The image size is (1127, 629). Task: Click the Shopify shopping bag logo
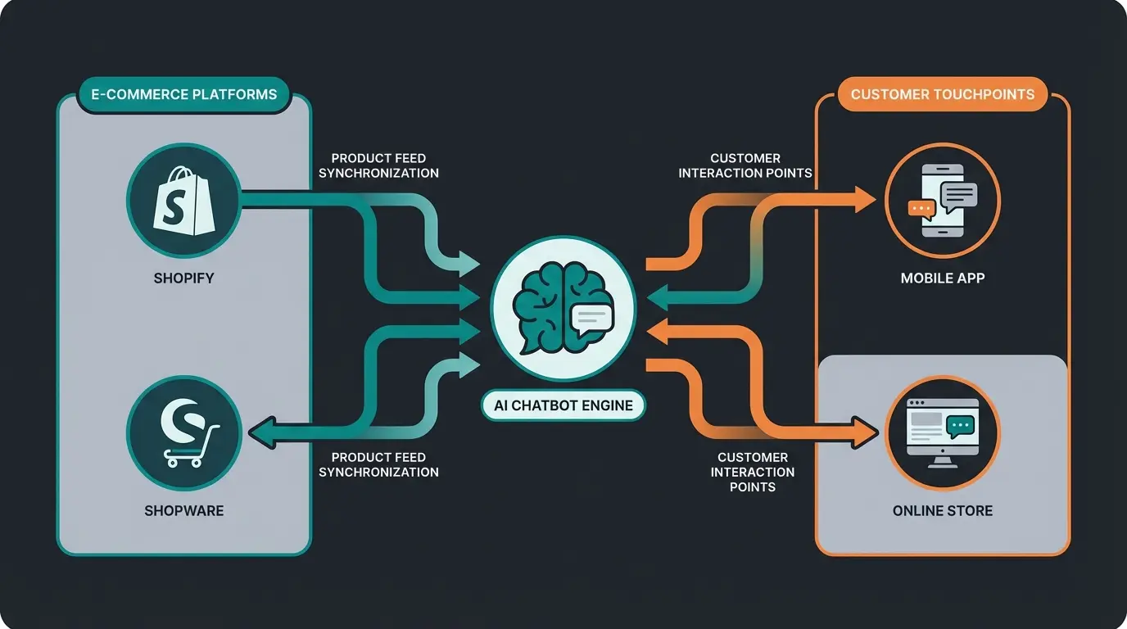184,201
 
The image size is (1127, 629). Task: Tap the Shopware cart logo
184,432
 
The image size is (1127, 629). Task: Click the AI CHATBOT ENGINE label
563,405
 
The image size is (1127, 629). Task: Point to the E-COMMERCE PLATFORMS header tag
178,94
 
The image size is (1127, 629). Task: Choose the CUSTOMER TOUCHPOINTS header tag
943,94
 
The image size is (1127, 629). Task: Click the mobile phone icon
943,201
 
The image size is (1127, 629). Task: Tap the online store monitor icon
943,432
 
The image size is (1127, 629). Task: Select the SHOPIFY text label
184,278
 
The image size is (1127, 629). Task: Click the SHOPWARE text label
184,511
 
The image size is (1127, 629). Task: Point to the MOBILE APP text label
943,278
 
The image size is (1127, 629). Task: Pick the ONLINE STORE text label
943,511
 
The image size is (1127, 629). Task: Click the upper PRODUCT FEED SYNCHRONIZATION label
378,165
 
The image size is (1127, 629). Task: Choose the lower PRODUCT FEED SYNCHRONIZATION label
378,464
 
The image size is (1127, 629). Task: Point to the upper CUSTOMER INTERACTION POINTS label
745,165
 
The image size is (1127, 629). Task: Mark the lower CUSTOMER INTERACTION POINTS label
753,472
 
